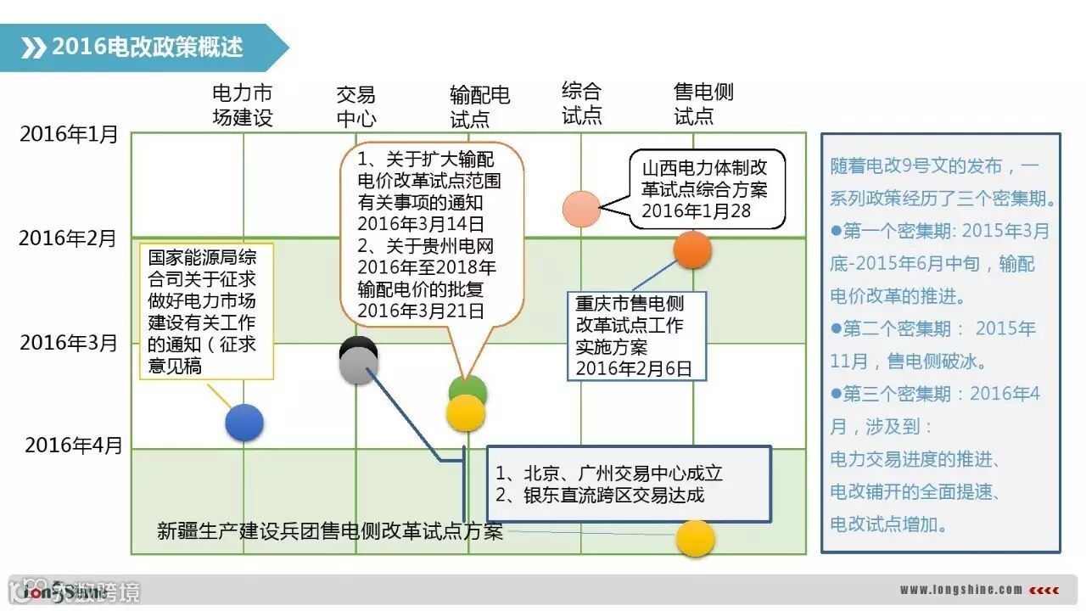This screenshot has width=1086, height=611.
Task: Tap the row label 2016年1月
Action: pos(69,134)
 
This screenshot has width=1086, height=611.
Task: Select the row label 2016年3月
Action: pos(69,342)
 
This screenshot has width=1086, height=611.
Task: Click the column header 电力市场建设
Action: pos(243,105)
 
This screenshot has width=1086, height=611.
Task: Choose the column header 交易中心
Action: pos(355,106)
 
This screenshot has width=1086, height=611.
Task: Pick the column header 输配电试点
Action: pos(479,106)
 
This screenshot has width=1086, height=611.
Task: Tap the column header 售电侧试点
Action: pos(703,104)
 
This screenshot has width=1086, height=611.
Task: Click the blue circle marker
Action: pos(244,423)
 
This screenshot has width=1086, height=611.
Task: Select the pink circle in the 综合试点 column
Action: pos(581,209)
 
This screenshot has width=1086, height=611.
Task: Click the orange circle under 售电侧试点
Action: pos(692,249)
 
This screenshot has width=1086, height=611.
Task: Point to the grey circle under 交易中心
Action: pos(359,365)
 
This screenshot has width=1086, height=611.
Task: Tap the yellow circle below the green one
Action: pos(466,413)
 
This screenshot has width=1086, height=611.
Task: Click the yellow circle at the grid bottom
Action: pos(695,538)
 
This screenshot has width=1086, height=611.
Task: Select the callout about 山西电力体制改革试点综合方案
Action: pos(706,189)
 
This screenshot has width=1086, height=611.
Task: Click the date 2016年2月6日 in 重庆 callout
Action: pos(634,368)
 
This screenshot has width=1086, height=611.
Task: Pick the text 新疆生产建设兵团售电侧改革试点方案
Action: pos(330,531)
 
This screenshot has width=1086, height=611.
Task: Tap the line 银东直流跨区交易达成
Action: pos(599,495)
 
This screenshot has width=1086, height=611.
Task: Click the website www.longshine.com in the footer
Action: pos(961,590)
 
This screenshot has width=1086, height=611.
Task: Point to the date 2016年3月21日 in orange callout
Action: pos(421,311)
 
